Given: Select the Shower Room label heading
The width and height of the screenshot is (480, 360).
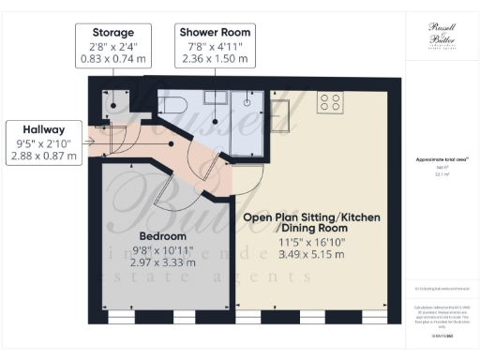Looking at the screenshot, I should click(215, 33).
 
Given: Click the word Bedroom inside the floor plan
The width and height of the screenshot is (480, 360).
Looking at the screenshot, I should click(163, 235).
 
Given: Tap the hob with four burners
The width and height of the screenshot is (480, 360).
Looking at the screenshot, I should click(329, 101).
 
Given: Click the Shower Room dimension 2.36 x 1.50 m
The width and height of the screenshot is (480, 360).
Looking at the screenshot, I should click(215, 59).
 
